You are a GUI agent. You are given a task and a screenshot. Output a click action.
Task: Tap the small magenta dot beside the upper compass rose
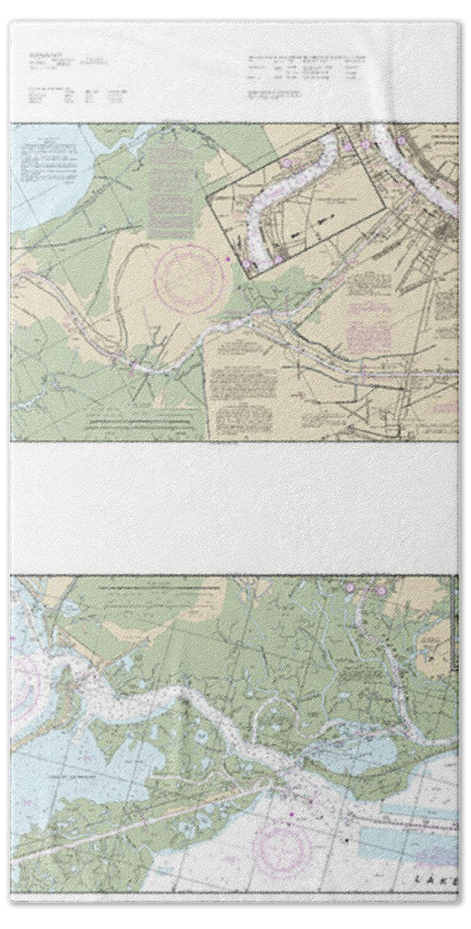point(227,258)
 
